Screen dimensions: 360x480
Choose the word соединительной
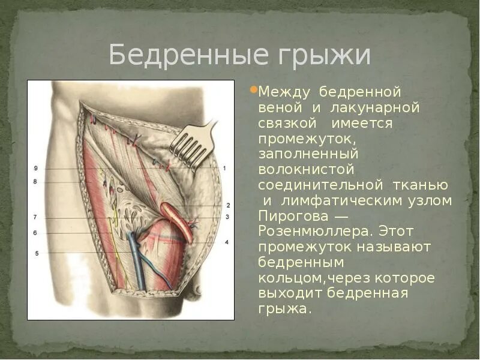pyautogui.click(x=320, y=185)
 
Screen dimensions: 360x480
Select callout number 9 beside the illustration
pyautogui.click(x=35, y=169)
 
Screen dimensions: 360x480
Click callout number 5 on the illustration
pyautogui.click(x=36, y=253)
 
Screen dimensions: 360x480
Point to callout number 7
pyautogui.click(x=35, y=217)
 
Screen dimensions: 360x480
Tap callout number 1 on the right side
pyautogui.click(x=224, y=168)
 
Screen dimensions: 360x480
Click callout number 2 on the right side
pyautogui.click(x=228, y=205)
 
